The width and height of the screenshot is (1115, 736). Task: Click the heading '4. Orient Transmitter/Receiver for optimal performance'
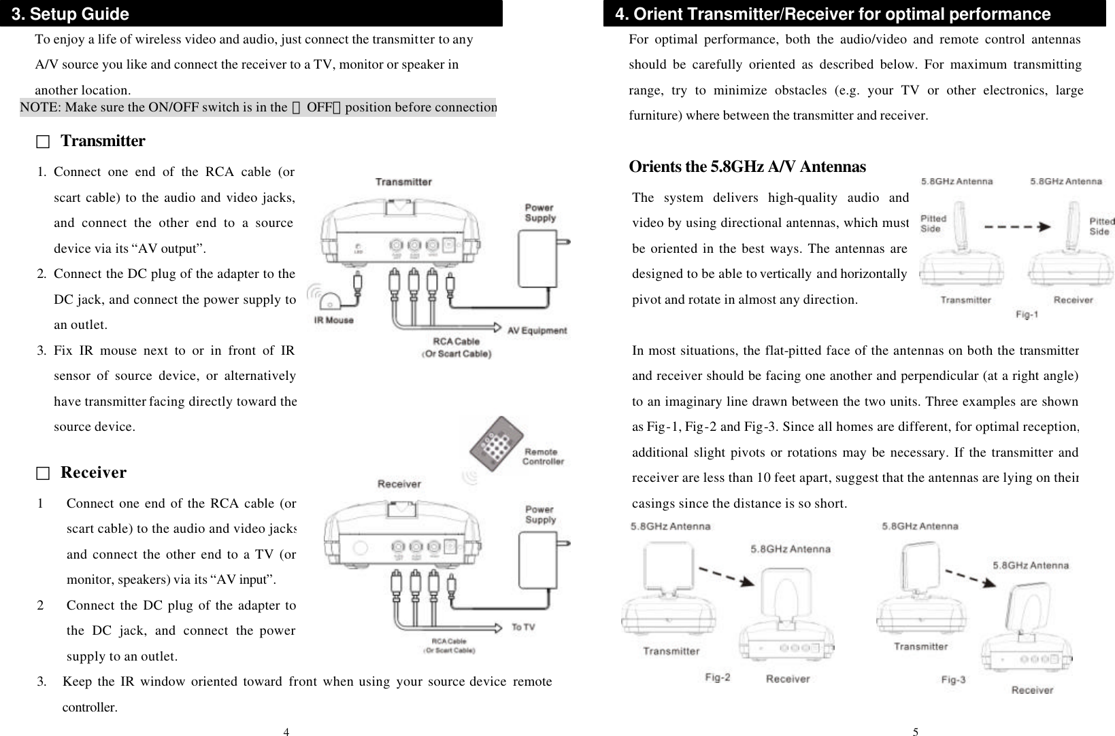tap(832, 14)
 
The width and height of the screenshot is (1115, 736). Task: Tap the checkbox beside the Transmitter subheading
tap(44, 142)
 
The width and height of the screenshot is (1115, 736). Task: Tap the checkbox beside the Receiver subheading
tap(44, 473)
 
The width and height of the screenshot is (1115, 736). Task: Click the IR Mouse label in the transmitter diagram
tap(333, 319)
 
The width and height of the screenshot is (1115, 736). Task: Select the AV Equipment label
tap(537, 331)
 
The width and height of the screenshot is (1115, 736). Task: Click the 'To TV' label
tap(522, 627)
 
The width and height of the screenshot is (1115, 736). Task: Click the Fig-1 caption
tap(1027, 315)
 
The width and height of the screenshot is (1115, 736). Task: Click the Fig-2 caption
tap(718, 678)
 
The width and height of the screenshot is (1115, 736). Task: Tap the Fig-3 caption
tap(953, 679)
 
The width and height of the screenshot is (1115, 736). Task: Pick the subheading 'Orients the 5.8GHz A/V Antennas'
tap(747, 167)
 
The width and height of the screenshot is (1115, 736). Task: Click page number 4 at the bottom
tap(286, 732)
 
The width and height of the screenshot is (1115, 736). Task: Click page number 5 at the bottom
tap(915, 732)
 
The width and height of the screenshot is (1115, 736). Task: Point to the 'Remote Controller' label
tap(542, 456)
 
